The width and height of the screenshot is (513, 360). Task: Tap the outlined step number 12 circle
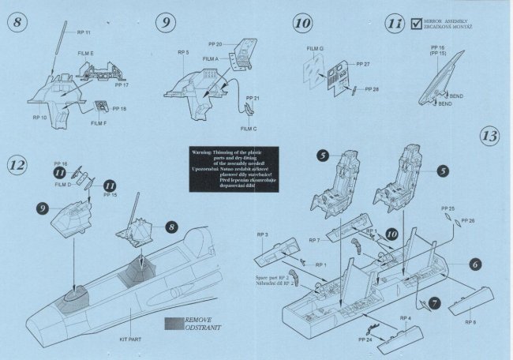[x=17, y=165]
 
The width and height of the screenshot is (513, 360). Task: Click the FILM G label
[x=315, y=49]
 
